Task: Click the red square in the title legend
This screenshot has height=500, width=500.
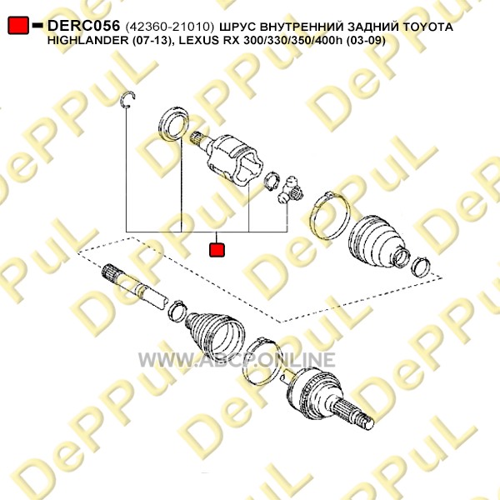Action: (18, 25)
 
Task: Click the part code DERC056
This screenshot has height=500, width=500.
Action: (83, 26)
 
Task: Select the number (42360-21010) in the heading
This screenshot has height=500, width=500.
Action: (170, 27)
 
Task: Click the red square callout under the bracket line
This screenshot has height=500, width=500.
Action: (217, 250)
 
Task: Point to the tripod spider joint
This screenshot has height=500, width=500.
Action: (291, 190)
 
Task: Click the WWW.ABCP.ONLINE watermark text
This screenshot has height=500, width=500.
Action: (237, 360)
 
